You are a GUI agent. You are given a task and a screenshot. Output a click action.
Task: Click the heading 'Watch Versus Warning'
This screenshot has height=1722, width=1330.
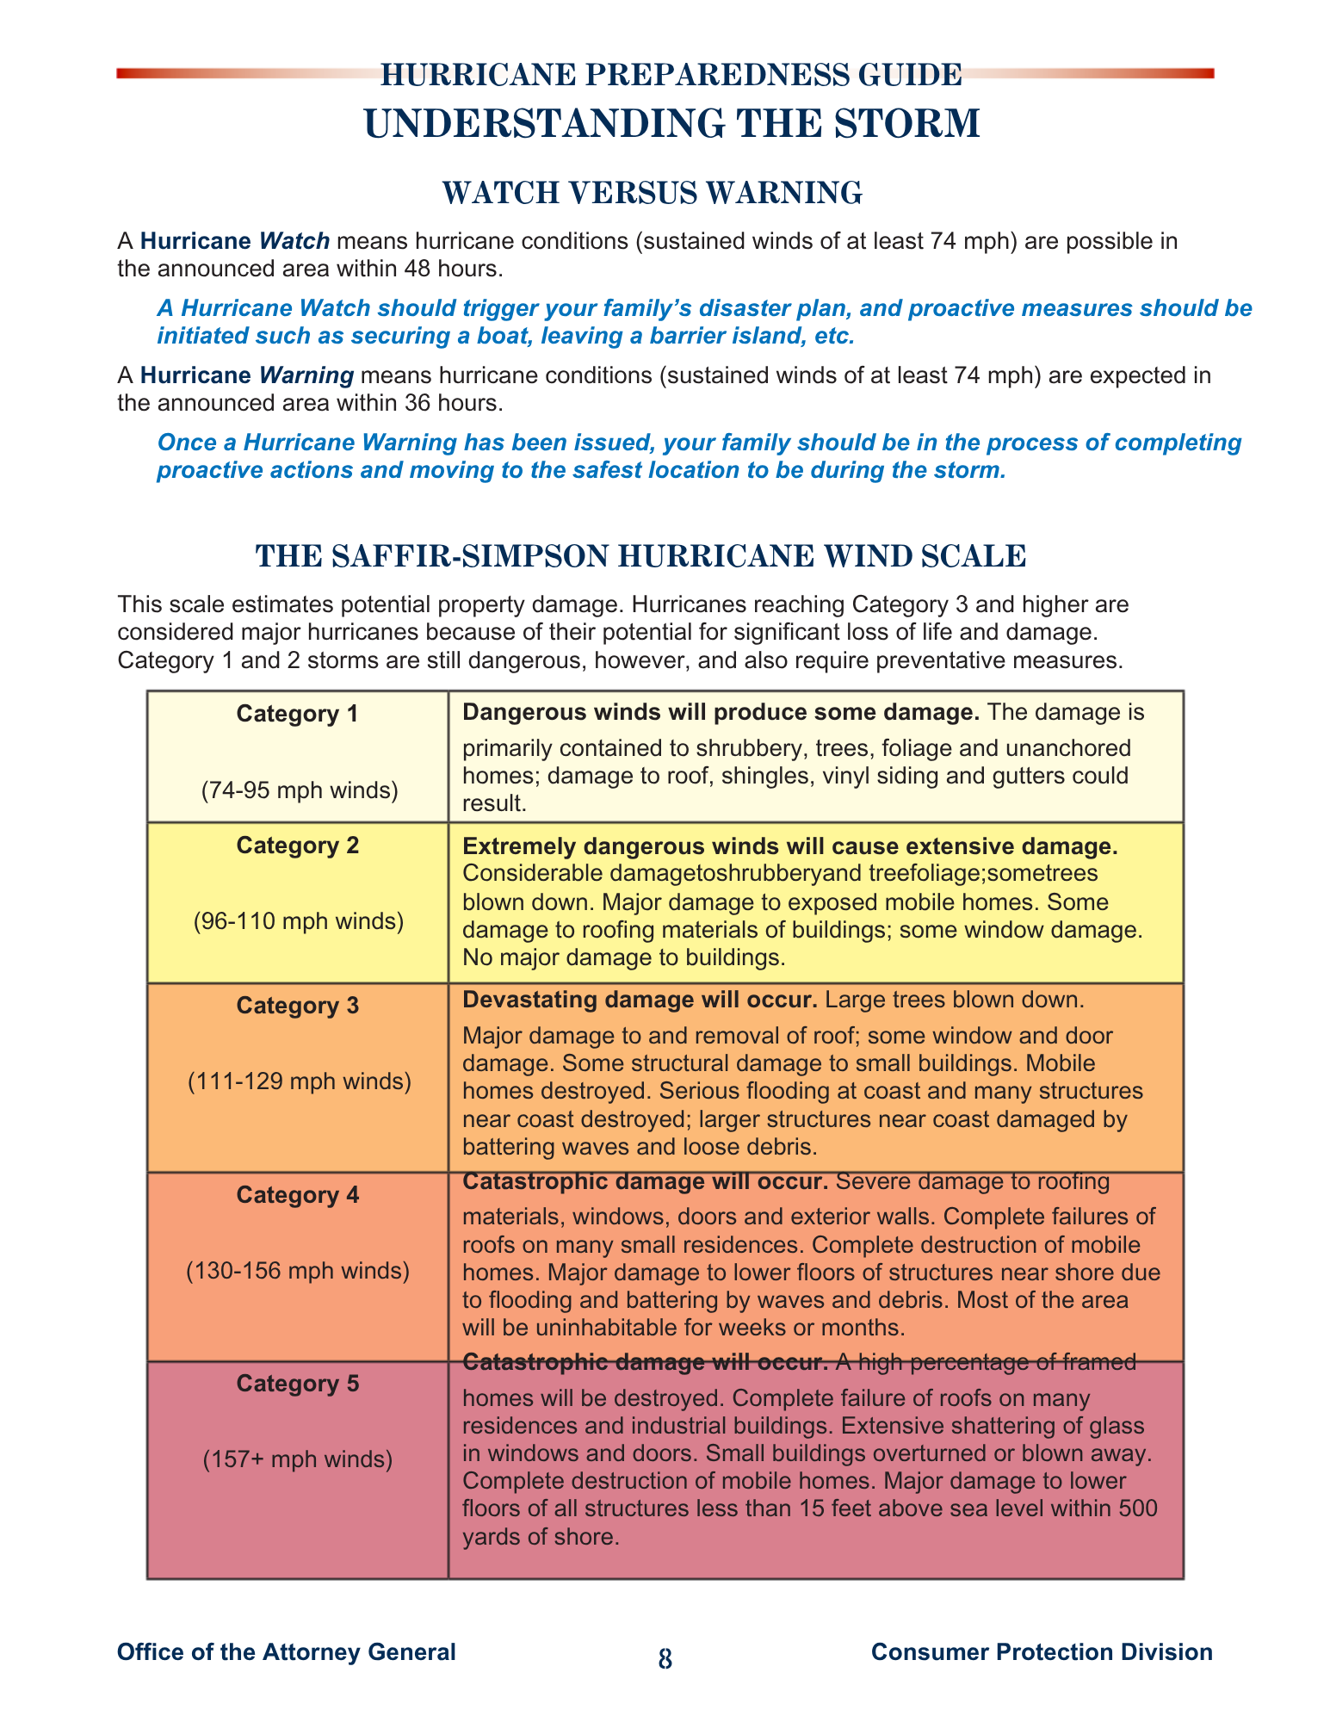click(x=652, y=193)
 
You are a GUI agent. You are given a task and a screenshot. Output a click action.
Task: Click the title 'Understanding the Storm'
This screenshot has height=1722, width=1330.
click(x=672, y=124)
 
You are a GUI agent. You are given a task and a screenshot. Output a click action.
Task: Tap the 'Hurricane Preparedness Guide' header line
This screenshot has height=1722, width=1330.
click(x=671, y=76)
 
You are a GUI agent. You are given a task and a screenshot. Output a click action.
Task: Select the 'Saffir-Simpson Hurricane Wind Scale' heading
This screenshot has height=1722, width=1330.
click(x=640, y=556)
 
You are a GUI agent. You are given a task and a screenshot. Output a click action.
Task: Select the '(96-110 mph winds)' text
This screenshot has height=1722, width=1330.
click(x=298, y=921)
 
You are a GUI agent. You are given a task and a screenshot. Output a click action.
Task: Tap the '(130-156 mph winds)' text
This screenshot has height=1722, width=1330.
click(x=298, y=1270)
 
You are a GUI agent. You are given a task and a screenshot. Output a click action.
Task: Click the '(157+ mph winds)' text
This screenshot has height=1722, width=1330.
click(x=298, y=1459)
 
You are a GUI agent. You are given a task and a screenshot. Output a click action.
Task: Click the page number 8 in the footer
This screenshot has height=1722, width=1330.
click(x=665, y=1659)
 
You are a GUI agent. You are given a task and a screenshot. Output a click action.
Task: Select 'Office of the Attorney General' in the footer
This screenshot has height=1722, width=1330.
click(x=286, y=1651)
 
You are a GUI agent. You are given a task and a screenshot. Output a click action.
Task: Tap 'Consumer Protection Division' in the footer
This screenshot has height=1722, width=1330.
click(x=1042, y=1651)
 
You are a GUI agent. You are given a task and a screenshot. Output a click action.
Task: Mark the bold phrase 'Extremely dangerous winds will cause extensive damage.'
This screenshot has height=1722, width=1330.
click(x=789, y=846)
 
